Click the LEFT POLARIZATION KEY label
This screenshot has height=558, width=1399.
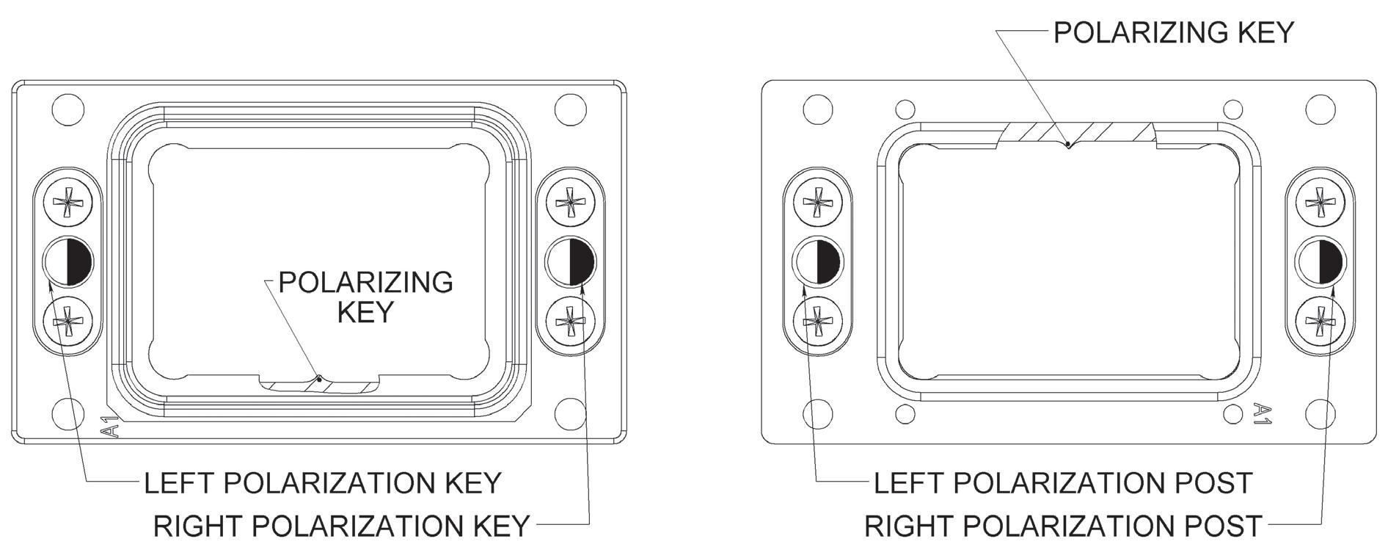[x=322, y=483]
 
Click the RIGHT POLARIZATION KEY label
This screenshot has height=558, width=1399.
[x=341, y=526]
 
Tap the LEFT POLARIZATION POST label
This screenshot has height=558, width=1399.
[x=1063, y=483]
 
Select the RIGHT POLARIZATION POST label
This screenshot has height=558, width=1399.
[x=1063, y=526]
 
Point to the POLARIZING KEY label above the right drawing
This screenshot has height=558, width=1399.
[x=1173, y=32]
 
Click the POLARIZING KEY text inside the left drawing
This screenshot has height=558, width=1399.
[x=365, y=297]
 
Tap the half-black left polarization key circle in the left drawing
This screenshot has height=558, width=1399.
[x=67, y=261]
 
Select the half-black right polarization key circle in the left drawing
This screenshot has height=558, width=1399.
[x=571, y=261]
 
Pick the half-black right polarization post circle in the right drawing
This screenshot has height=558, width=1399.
[x=1320, y=261]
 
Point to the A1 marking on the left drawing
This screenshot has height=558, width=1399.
[x=111, y=427]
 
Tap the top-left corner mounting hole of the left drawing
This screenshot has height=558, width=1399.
[x=67, y=110]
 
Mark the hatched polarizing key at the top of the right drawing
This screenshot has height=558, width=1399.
[x=1077, y=133]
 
